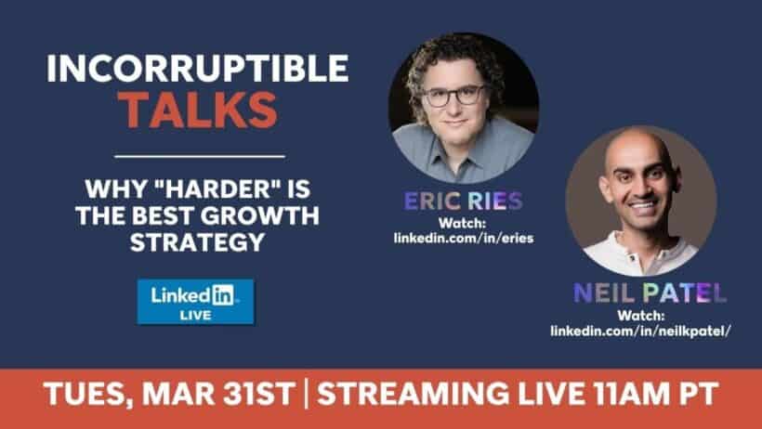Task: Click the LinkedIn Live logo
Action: click(x=195, y=302)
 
